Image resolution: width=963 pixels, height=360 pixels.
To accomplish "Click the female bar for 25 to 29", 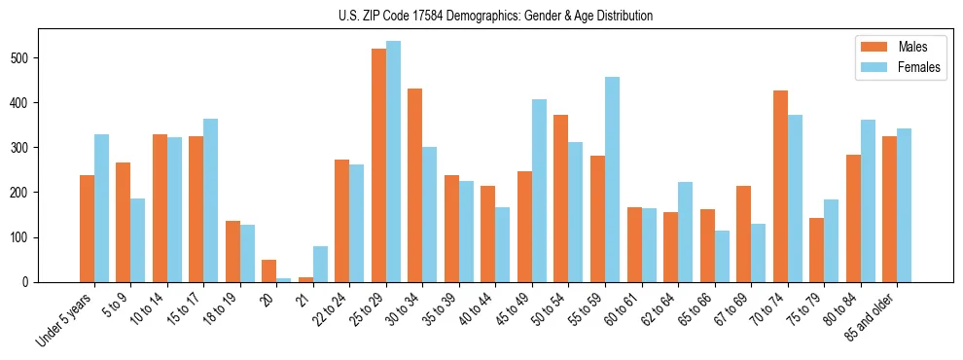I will pyautogui.click(x=393, y=162).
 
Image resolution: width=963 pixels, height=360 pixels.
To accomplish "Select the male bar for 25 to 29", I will pyautogui.click(x=378, y=165).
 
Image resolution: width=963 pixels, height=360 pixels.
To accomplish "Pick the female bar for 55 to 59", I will pyautogui.click(x=612, y=180).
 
